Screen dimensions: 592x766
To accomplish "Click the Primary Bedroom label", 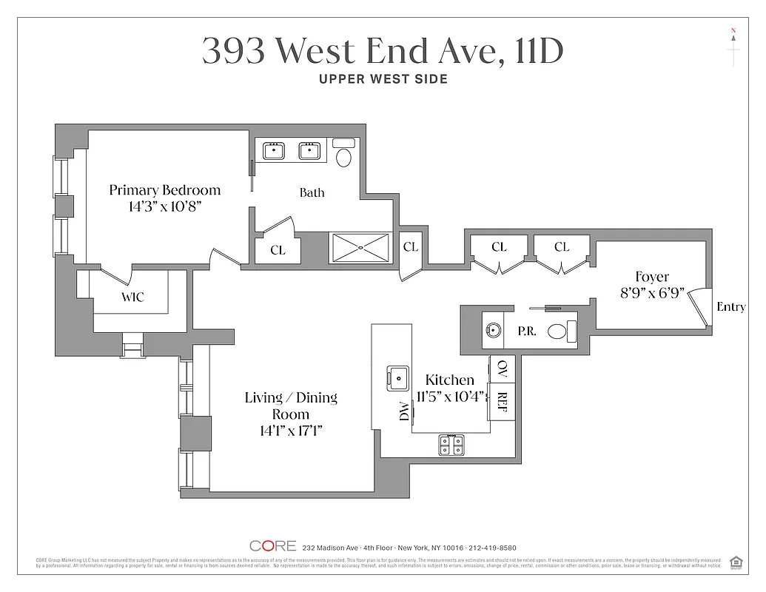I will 164,190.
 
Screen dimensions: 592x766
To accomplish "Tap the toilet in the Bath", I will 344,155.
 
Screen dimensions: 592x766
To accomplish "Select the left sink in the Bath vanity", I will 274,151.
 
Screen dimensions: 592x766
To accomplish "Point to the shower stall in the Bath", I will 360,247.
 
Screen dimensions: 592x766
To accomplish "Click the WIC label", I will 132,297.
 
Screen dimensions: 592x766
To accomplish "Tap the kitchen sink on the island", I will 398,378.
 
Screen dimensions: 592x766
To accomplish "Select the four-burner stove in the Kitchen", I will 451,444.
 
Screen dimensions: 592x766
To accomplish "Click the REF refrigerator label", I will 503,401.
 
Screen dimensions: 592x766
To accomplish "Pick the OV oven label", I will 503,367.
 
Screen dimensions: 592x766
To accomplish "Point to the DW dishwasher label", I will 404,411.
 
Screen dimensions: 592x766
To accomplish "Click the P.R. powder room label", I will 527,332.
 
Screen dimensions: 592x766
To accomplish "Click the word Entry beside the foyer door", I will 730,307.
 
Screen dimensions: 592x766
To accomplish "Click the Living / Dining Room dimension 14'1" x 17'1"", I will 291,431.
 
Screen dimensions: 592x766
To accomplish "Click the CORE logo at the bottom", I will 273,546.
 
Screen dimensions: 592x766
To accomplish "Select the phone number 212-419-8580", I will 492,548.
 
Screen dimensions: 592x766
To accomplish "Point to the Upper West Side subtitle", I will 383,79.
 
